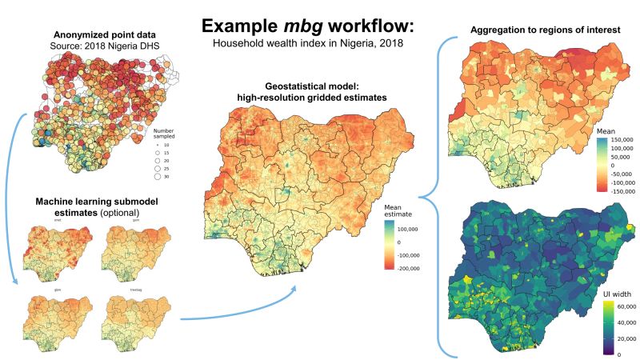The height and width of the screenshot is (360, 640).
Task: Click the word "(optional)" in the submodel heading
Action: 118,213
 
